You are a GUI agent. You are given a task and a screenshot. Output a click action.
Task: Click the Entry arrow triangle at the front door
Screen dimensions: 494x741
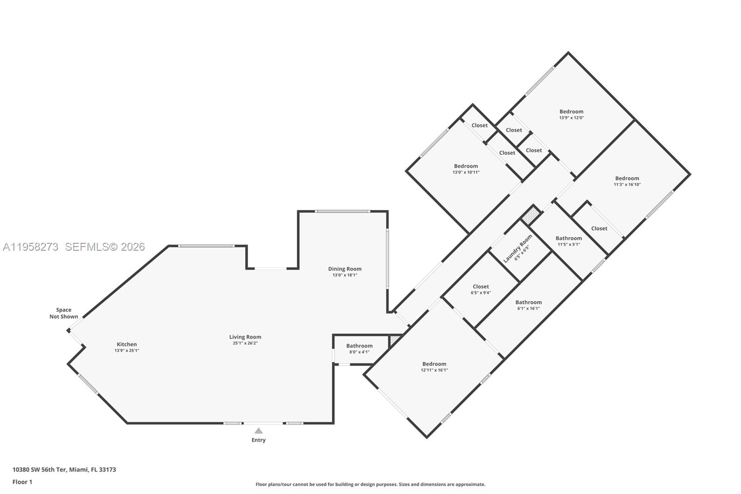(x=258, y=431)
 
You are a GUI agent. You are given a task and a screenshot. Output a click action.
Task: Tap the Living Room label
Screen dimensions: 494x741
(x=245, y=337)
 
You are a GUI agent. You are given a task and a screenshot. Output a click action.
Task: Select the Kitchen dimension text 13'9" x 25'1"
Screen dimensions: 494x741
(x=126, y=351)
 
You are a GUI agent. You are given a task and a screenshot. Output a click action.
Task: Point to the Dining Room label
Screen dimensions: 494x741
(x=345, y=269)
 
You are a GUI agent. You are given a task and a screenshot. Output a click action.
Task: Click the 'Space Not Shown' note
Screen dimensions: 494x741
(x=64, y=313)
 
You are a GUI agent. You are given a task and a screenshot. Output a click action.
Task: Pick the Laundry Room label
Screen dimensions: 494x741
(x=518, y=248)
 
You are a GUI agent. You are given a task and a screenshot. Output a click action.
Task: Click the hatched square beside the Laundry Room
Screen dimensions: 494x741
(x=531, y=215)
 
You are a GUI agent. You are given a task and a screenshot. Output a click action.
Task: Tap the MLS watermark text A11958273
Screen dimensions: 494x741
(x=31, y=247)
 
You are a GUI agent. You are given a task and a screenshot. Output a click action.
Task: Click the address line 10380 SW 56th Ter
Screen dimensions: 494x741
(x=64, y=469)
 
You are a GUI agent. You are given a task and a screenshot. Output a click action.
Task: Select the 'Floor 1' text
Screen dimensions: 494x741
(x=22, y=482)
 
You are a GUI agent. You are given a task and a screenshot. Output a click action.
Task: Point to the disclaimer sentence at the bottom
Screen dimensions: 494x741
(x=370, y=484)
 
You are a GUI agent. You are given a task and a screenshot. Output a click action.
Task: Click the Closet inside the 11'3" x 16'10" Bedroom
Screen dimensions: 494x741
(x=599, y=228)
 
